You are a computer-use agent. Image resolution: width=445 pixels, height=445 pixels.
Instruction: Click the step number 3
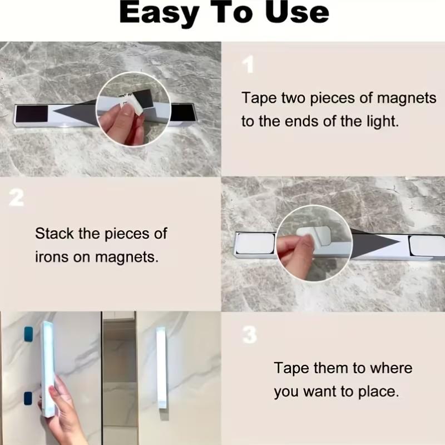point(250,335)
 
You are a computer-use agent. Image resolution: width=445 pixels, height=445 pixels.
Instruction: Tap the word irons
point(53,258)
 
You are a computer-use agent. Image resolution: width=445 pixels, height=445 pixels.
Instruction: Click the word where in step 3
point(388,368)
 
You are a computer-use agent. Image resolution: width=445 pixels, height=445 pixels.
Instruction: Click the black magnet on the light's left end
point(33,115)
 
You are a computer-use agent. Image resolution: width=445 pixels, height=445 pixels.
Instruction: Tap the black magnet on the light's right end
point(181,112)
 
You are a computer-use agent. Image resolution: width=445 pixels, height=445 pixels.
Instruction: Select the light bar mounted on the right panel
point(161,368)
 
